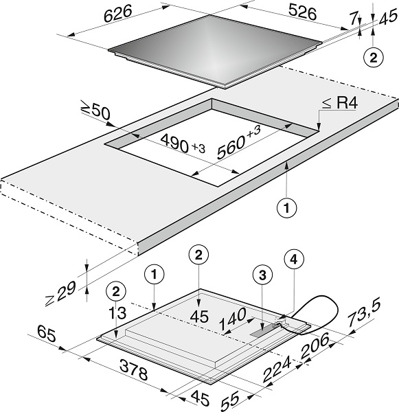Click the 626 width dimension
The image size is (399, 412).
click(x=117, y=14)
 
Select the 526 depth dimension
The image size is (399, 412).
click(x=302, y=12)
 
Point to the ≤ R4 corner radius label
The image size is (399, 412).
click(x=340, y=103)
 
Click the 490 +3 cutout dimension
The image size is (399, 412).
click(x=183, y=144)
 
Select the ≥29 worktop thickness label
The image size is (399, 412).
click(x=61, y=293)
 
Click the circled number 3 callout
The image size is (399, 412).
click(x=262, y=275)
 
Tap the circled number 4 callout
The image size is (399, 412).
click(x=294, y=260)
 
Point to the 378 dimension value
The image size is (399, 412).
click(x=134, y=369)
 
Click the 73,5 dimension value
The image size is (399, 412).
click(x=364, y=313)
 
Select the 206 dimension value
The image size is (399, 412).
click(x=315, y=345)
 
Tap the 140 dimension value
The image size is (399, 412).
click(x=232, y=319)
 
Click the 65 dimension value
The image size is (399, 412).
click(x=47, y=333)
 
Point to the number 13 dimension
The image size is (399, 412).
click(x=117, y=313)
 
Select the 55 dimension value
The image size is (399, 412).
click(x=230, y=400)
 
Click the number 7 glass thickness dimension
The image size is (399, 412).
click(x=354, y=19)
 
